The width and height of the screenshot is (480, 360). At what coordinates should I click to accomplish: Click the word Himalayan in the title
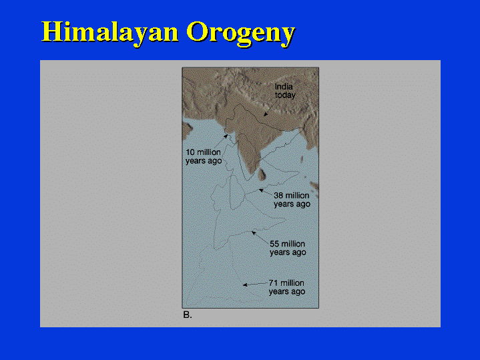[110, 32]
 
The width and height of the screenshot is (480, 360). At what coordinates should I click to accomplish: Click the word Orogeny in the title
[240, 33]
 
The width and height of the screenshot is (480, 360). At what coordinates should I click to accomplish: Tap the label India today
[285, 91]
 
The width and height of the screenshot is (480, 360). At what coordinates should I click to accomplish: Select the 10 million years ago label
[204, 156]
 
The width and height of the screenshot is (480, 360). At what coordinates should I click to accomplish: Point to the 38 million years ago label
[292, 200]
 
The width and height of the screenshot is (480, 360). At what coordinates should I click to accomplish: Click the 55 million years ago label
[288, 248]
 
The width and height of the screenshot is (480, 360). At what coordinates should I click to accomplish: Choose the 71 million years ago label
[287, 287]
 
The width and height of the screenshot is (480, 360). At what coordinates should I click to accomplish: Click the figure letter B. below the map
[188, 315]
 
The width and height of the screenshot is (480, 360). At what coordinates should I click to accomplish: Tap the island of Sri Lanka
[262, 174]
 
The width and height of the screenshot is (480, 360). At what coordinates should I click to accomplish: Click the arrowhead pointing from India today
[266, 115]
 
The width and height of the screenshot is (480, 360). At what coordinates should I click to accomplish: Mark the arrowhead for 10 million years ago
[226, 136]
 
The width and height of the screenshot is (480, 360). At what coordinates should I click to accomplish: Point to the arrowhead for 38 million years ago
[261, 190]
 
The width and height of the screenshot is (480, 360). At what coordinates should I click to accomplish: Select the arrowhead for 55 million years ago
[254, 233]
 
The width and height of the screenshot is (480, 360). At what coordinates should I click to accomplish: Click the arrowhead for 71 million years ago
[245, 285]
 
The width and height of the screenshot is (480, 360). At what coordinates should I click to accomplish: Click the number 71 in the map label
[273, 283]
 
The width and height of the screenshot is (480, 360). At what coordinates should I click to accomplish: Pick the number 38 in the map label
[278, 196]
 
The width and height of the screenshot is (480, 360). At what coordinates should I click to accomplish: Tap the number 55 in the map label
[274, 244]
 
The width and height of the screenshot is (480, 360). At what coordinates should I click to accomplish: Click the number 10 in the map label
[190, 152]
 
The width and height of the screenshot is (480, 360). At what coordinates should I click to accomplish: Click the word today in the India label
[285, 96]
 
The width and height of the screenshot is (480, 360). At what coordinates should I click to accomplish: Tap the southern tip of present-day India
[252, 175]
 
